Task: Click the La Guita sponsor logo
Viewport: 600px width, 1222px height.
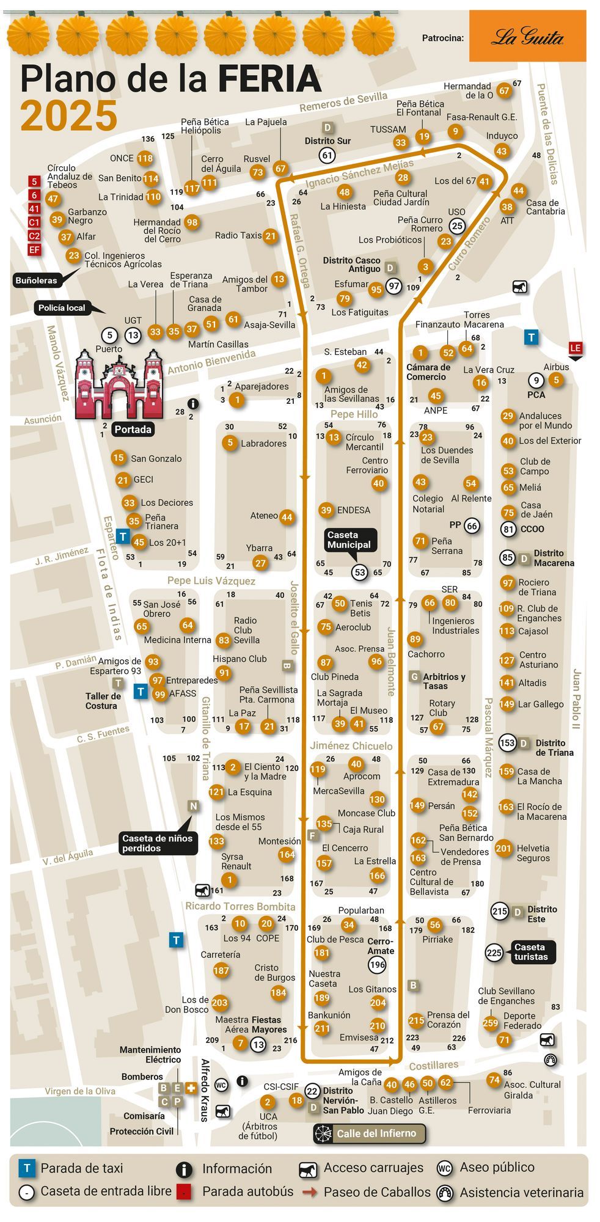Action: (x=527, y=37)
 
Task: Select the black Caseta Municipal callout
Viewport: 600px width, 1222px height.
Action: (x=348, y=540)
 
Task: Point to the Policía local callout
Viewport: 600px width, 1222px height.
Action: (x=62, y=308)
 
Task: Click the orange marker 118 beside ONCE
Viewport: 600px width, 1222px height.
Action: (x=145, y=158)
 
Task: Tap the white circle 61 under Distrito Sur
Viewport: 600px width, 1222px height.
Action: (x=327, y=155)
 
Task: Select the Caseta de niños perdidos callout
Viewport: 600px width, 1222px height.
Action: (x=157, y=843)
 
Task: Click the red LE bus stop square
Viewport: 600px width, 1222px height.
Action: (x=575, y=348)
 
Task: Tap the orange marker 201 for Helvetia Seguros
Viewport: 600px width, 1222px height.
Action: (x=503, y=848)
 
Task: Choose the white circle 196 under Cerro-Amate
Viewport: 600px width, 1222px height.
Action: (x=377, y=965)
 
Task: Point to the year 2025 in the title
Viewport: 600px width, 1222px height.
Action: (x=68, y=115)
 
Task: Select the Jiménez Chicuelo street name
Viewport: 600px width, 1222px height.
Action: (x=351, y=745)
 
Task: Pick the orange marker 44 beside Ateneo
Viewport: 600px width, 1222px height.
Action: (x=287, y=518)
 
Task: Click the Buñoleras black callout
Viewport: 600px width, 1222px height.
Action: (x=37, y=280)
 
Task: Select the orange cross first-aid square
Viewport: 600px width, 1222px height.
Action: (x=190, y=1088)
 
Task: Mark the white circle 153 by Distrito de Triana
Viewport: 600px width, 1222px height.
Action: (x=507, y=743)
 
